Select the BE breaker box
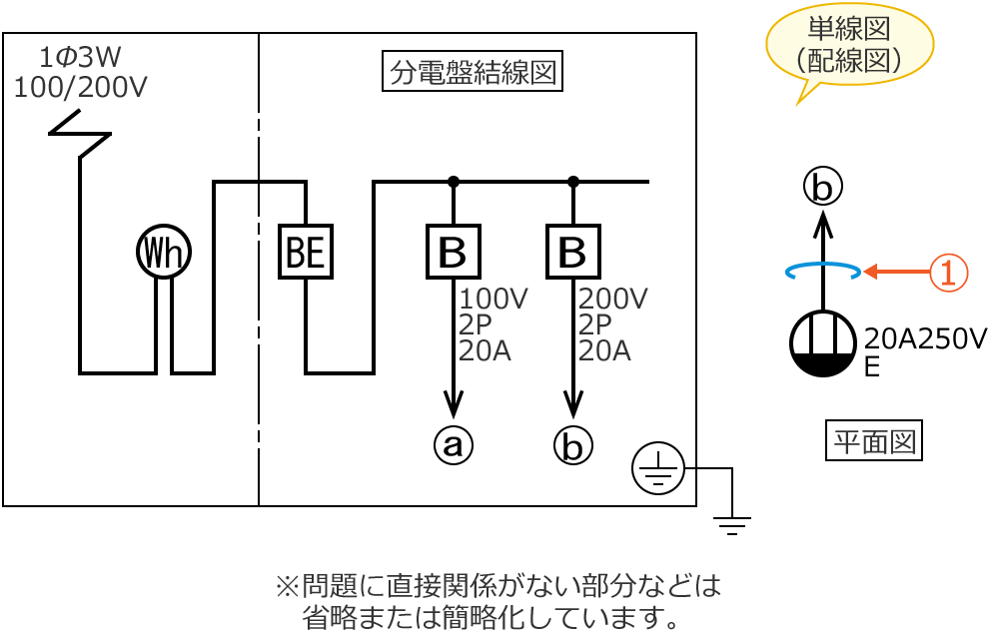click(x=305, y=252)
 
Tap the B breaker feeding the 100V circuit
click(x=454, y=252)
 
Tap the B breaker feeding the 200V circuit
click(x=573, y=252)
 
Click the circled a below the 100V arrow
click(x=454, y=445)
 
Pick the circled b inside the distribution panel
click(x=573, y=445)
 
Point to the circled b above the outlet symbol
click(x=823, y=187)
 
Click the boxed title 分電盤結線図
click(x=473, y=72)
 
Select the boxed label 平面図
click(x=874, y=440)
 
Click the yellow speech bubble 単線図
click(x=850, y=46)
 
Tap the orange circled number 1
click(x=948, y=272)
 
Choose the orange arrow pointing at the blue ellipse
click(x=895, y=272)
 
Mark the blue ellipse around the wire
click(x=823, y=271)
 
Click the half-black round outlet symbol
click(x=823, y=343)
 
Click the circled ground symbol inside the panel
click(x=657, y=468)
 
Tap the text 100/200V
click(x=80, y=87)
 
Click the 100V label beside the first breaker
click(x=493, y=299)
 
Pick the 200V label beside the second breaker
click(x=612, y=299)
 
